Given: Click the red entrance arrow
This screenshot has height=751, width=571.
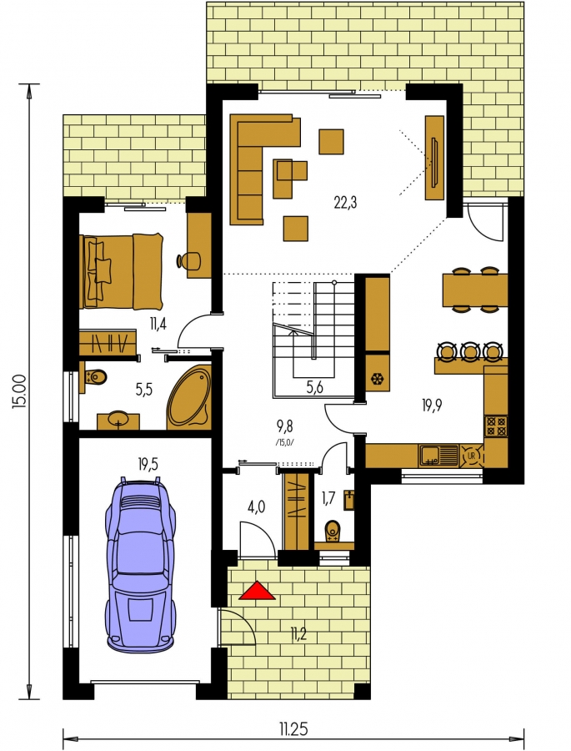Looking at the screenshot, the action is [x=257, y=591].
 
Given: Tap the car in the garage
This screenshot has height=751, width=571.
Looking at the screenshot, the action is [x=141, y=564].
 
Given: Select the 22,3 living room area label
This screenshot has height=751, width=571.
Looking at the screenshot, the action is [x=345, y=203].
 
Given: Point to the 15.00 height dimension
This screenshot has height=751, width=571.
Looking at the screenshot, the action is [x=19, y=391].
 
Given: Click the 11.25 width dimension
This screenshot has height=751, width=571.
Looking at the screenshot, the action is [x=294, y=729].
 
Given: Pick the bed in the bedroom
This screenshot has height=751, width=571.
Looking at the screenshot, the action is [x=122, y=270].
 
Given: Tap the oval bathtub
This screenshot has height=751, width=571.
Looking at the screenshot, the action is [x=189, y=397].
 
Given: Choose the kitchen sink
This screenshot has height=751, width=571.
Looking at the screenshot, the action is [x=438, y=456].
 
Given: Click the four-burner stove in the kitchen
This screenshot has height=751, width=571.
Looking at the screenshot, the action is [x=496, y=426].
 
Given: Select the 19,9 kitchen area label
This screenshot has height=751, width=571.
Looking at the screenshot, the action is [x=432, y=406].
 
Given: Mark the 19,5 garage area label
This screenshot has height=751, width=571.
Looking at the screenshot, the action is [x=148, y=464].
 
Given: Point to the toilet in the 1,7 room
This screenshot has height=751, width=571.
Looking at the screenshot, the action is [x=332, y=532].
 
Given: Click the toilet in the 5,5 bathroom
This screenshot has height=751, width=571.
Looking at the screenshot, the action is [x=95, y=377].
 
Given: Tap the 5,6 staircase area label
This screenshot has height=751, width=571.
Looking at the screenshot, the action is [x=314, y=386].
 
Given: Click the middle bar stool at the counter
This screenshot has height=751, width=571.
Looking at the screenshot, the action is [x=470, y=351].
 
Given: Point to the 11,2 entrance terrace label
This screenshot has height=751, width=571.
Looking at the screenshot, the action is [x=297, y=635].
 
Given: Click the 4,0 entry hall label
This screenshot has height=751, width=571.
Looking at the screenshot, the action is [x=257, y=507].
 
